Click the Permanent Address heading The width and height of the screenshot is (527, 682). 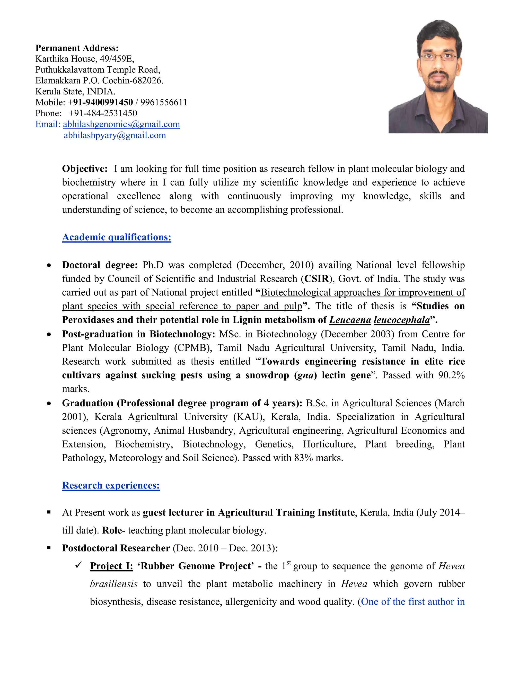[x=77, y=48]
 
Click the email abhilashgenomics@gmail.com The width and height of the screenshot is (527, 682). [x=121, y=124]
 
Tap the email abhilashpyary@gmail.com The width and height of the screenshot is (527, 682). [x=115, y=135]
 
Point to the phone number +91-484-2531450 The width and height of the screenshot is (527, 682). [x=103, y=113]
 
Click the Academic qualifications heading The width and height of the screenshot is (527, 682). [x=117, y=237]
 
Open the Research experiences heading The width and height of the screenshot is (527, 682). [x=111, y=486]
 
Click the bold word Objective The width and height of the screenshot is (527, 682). [x=84, y=169]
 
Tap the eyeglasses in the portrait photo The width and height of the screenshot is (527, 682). [x=438, y=57]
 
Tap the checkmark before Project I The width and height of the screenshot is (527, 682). [x=79, y=565]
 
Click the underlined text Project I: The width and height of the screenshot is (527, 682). [x=111, y=566]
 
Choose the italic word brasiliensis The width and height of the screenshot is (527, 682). [x=114, y=584]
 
